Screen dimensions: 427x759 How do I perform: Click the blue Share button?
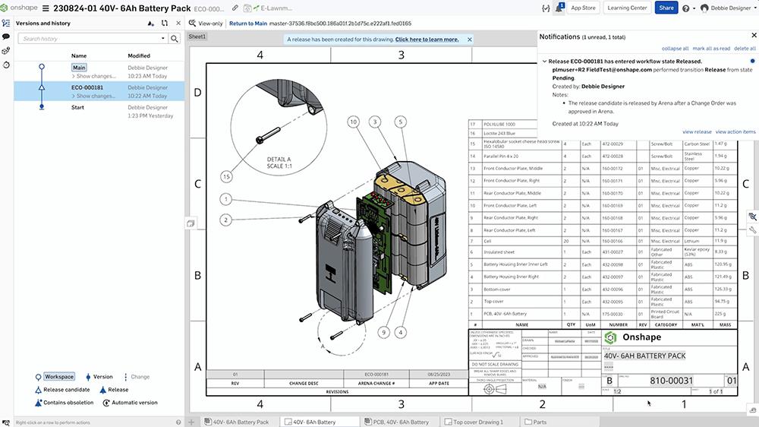click(666, 8)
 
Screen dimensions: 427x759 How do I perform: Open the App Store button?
click(583, 8)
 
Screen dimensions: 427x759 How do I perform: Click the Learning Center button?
click(627, 8)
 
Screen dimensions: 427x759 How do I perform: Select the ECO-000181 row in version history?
click(88, 87)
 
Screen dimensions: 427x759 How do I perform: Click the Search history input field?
click(89, 38)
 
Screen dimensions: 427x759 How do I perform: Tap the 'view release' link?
click(697, 131)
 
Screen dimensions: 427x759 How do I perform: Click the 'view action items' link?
click(735, 131)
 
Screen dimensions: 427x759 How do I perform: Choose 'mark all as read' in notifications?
click(710, 48)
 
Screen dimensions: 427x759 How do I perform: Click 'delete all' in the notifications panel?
click(745, 48)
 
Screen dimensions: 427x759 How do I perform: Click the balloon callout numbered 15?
click(225, 176)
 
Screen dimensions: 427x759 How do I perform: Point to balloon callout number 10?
click(354, 122)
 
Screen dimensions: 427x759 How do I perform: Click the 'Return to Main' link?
click(248, 24)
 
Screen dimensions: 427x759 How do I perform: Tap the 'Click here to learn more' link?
click(427, 40)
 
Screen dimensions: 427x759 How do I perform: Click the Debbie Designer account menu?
click(726, 8)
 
